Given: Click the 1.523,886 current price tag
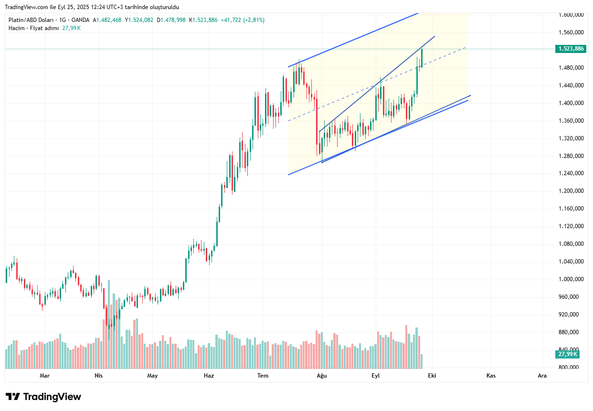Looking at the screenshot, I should point(572,49).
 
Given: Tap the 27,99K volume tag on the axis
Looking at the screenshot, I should point(568,354).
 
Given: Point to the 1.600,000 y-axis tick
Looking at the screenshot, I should point(572,15).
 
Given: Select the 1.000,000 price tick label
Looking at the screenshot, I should point(572,279).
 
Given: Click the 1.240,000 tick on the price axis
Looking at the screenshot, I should point(572,173).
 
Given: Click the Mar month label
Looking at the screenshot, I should point(44,376).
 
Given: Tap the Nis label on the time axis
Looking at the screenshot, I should point(98,376).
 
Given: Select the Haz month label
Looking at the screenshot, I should point(209,376).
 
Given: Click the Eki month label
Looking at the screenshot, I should point(432,376).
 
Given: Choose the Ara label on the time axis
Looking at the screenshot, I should point(542,376).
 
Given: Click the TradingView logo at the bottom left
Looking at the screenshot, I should point(43,397).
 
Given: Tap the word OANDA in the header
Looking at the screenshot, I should point(80,20).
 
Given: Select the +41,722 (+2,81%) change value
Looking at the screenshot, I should point(243,20).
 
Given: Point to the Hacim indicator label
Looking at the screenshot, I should point(17,28).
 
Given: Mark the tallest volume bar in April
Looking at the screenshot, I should point(108,325).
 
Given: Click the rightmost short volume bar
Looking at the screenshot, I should point(422,361).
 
